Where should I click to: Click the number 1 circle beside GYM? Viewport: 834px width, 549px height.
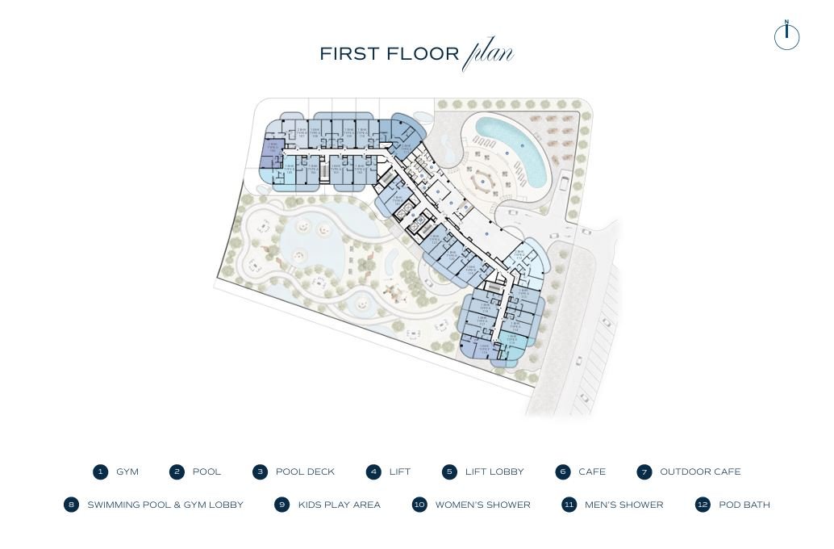coord(100,472)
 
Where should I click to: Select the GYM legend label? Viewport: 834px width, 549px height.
coord(127,472)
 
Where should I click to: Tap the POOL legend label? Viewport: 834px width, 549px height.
coord(206,472)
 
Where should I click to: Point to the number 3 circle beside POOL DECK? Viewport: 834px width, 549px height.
coord(260,472)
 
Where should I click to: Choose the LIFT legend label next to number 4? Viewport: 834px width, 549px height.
coord(400,472)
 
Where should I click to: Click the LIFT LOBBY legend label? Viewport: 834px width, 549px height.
coord(494,472)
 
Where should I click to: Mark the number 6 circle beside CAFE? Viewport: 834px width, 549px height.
coord(563,472)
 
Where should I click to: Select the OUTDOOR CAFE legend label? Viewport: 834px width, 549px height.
coord(700,472)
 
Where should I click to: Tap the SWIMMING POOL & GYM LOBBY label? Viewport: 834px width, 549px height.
coord(165,505)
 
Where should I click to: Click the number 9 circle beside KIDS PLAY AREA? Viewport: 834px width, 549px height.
coord(281,505)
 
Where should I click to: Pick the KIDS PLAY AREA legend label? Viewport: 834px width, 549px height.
coord(339,505)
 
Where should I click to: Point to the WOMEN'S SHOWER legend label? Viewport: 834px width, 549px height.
coord(482,505)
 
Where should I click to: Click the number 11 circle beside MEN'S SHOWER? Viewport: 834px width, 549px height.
coord(569,505)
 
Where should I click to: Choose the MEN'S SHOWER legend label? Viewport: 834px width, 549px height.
coord(623,505)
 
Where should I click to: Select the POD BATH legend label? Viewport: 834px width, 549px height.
coord(744,505)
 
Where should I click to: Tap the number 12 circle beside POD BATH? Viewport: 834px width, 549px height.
coord(703,505)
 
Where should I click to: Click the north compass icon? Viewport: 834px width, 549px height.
coord(786,36)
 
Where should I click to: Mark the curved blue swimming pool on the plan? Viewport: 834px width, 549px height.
coord(516,145)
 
